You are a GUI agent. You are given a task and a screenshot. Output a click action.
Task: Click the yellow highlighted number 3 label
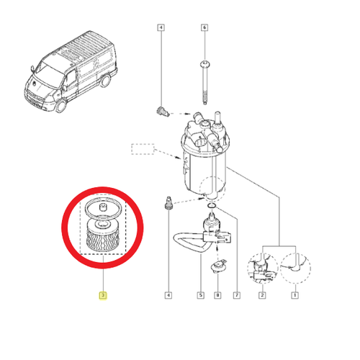point(103,295)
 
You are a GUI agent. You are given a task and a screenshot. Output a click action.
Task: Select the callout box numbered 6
point(204,27)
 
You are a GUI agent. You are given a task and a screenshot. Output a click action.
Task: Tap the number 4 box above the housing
point(161,27)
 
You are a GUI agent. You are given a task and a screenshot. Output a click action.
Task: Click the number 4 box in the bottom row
point(168,295)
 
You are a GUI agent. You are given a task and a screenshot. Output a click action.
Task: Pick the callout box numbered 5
point(201,295)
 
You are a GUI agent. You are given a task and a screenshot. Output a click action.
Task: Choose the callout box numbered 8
point(217,295)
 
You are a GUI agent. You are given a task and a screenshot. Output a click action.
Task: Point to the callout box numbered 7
point(237,295)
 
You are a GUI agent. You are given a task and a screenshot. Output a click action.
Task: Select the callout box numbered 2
point(262,295)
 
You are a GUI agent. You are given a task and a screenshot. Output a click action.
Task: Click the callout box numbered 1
point(294,295)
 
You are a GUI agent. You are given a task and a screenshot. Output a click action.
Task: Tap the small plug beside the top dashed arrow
point(163,112)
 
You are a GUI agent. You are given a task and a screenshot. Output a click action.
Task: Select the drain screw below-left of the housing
point(168,203)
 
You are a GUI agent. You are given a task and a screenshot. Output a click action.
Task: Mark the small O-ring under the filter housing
point(212,206)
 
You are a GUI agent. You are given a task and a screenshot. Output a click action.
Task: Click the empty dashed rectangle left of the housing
point(143,149)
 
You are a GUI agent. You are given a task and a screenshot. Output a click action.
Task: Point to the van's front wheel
point(60,106)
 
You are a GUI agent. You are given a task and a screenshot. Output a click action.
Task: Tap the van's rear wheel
point(105,81)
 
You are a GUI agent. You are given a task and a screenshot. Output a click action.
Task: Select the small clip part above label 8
point(218,266)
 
